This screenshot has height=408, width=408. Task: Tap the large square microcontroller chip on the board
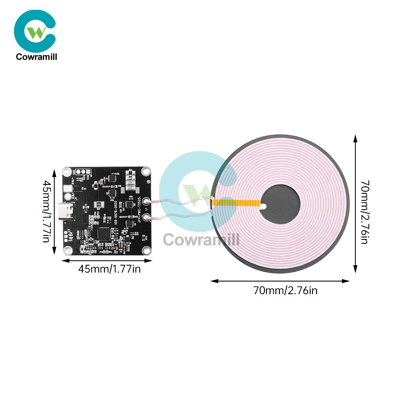click(105, 234)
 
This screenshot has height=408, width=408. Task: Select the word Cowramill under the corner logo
click(36, 57)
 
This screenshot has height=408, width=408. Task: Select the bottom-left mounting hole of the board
click(67, 250)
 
